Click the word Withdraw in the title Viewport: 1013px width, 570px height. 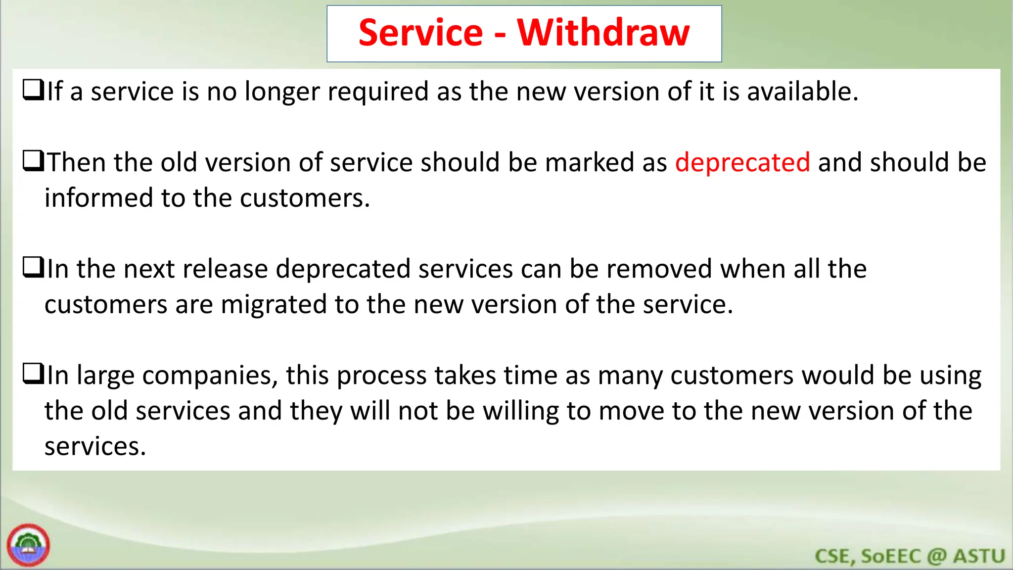[x=603, y=33]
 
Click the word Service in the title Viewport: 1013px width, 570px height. [x=420, y=33]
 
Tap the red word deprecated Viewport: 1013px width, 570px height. [x=742, y=162]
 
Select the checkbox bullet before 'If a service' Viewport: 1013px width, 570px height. [x=33, y=91]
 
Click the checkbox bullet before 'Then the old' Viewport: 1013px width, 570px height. [x=33, y=161]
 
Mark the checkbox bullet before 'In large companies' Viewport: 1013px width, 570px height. [x=33, y=374]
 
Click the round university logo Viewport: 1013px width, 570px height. [x=28, y=545]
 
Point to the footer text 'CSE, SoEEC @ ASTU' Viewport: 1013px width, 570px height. [x=910, y=556]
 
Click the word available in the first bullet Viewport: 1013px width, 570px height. [x=802, y=92]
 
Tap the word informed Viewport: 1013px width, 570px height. [x=99, y=198]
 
